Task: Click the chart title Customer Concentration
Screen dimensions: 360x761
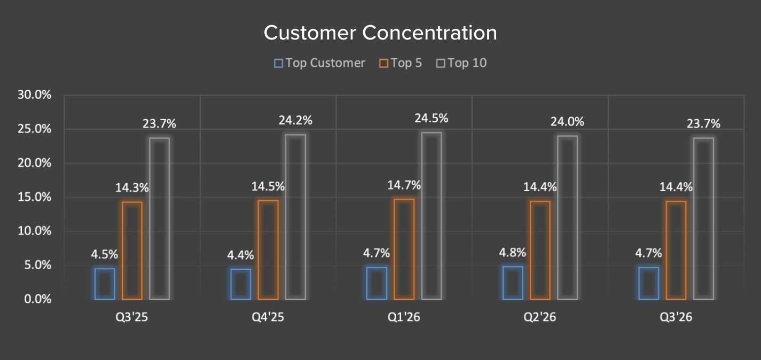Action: click(380, 33)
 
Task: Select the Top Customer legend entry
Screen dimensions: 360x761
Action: click(319, 63)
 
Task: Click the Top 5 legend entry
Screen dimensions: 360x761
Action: click(401, 63)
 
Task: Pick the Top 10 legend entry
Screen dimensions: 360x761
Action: click(461, 63)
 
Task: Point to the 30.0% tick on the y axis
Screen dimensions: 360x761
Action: click(34, 95)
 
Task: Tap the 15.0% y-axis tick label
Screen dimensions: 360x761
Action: click(34, 197)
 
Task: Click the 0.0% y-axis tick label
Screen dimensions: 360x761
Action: click(37, 299)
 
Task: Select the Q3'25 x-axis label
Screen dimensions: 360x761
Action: click(132, 317)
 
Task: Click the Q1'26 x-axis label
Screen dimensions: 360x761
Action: click(404, 317)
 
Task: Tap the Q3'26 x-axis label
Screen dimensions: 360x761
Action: click(676, 317)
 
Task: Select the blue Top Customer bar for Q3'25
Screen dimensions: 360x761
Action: click(105, 284)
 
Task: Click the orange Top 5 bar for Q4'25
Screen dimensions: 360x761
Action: click(268, 249)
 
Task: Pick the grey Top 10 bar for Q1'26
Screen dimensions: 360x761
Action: click(432, 216)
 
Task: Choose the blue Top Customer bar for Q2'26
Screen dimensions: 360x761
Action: click(513, 283)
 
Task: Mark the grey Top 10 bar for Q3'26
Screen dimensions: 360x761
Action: click(703, 218)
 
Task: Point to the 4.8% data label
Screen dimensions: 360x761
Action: click(513, 252)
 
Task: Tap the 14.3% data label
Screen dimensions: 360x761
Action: click(132, 187)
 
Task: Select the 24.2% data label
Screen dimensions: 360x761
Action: click(295, 121)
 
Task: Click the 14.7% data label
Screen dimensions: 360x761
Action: click(404, 185)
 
